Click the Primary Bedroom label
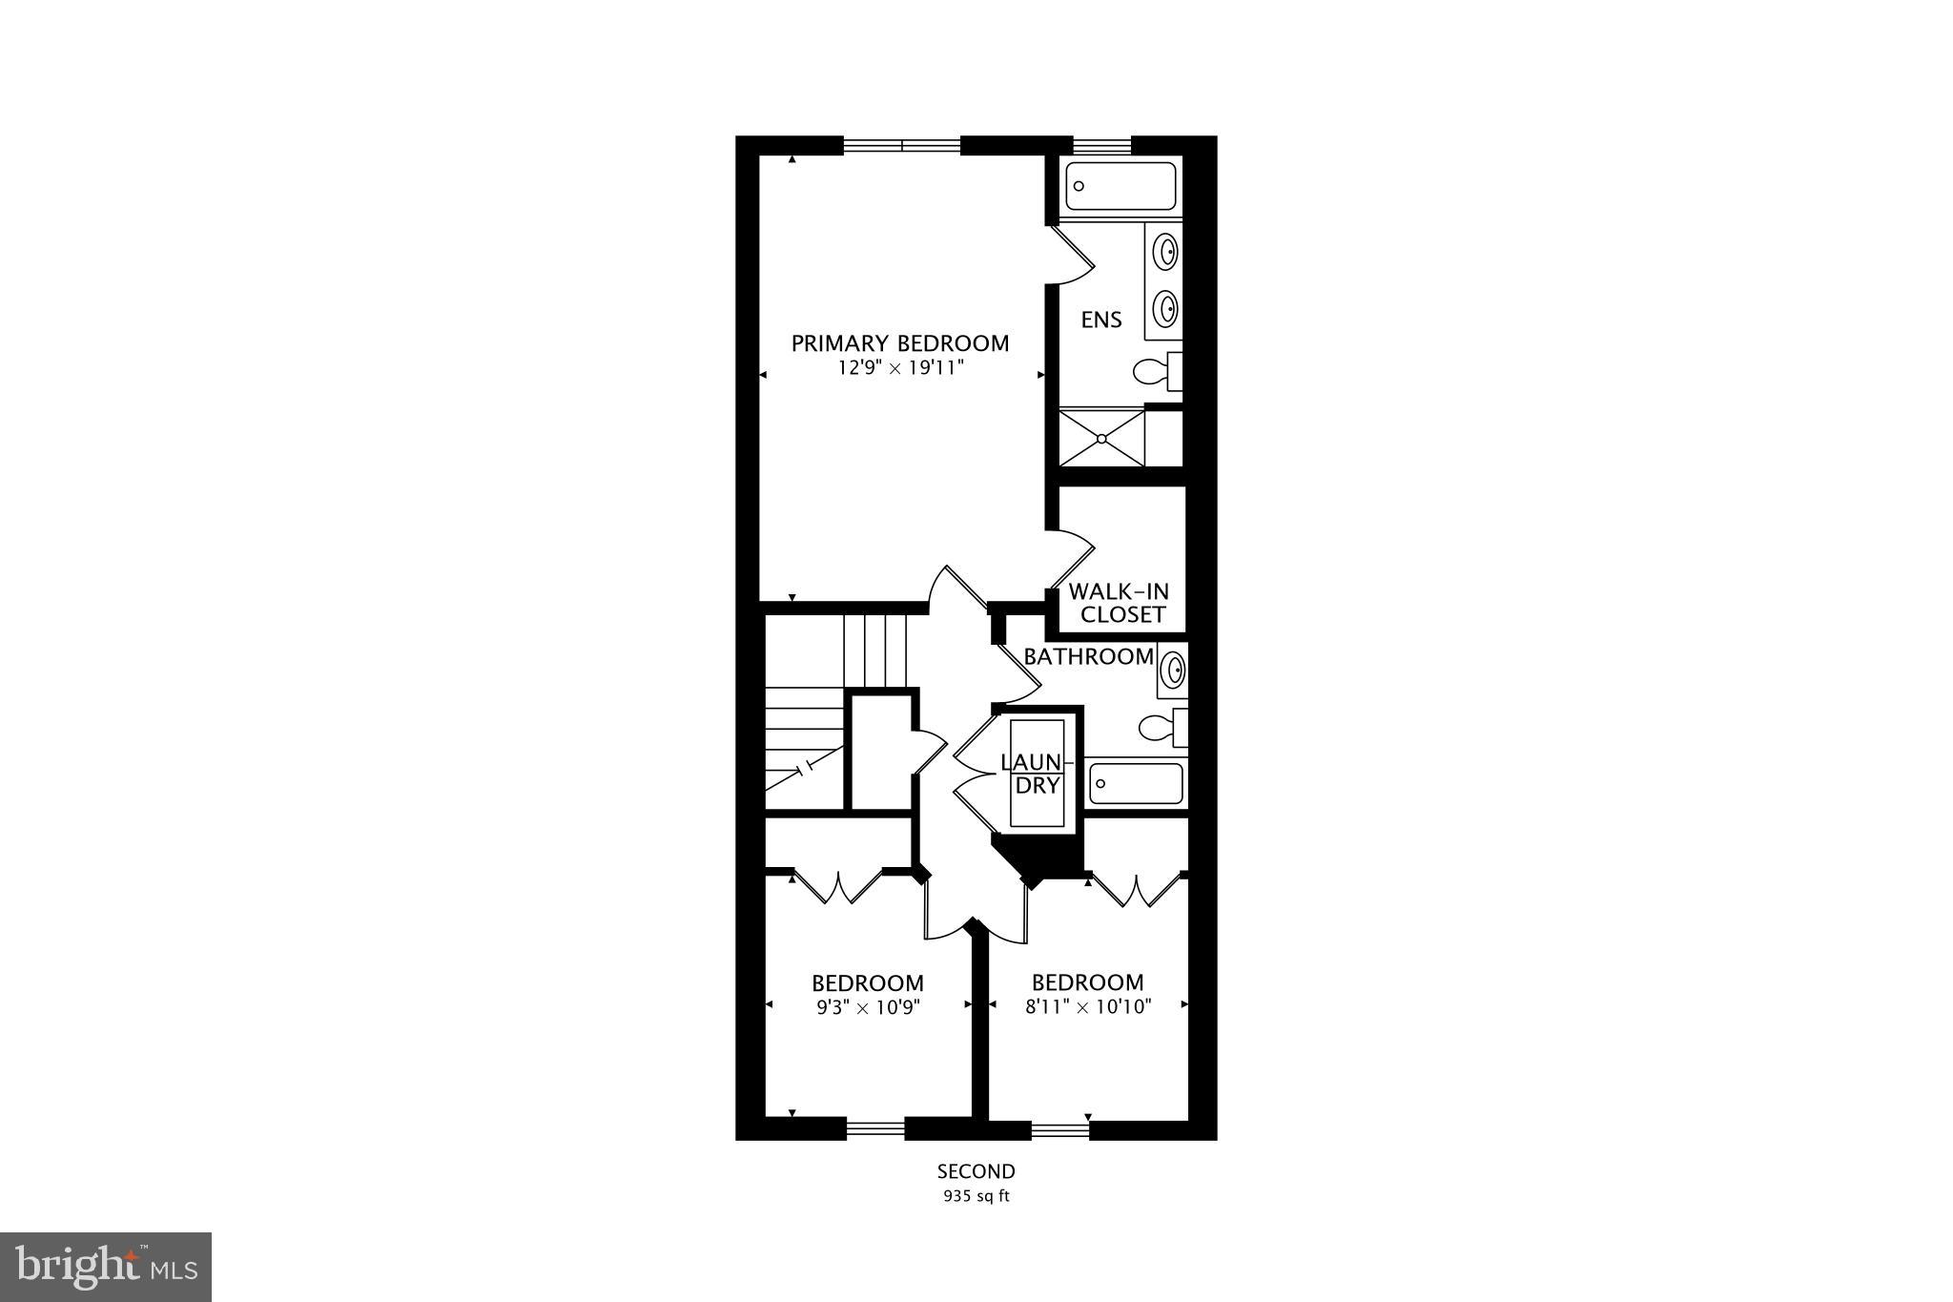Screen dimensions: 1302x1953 [x=899, y=343]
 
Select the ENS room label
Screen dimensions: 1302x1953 [x=1101, y=320]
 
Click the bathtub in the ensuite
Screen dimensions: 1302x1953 [x=1120, y=186]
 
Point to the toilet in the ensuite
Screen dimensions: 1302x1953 [x=1157, y=371]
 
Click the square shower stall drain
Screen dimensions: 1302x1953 [x=1102, y=439]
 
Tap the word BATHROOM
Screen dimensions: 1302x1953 [x=1088, y=656]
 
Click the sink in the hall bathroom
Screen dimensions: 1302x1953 [x=1173, y=668]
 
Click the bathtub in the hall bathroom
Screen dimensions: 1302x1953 [x=1136, y=784]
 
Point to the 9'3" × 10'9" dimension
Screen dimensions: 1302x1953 [x=867, y=1006]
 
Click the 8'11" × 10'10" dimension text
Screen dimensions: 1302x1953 [x=1088, y=1006]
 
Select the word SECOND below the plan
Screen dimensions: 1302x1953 [x=976, y=1171]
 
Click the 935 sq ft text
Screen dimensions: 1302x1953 [x=976, y=1196]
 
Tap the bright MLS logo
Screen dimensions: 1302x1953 [x=106, y=1267]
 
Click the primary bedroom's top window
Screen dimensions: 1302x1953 [x=902, y=146]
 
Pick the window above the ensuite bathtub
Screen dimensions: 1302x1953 [x=1102, y=146]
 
